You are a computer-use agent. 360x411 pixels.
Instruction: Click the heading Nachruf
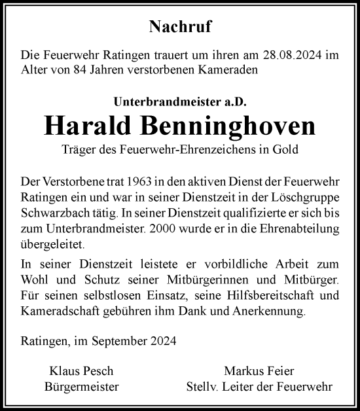179,27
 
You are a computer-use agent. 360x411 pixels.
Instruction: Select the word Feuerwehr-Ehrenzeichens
186,150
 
